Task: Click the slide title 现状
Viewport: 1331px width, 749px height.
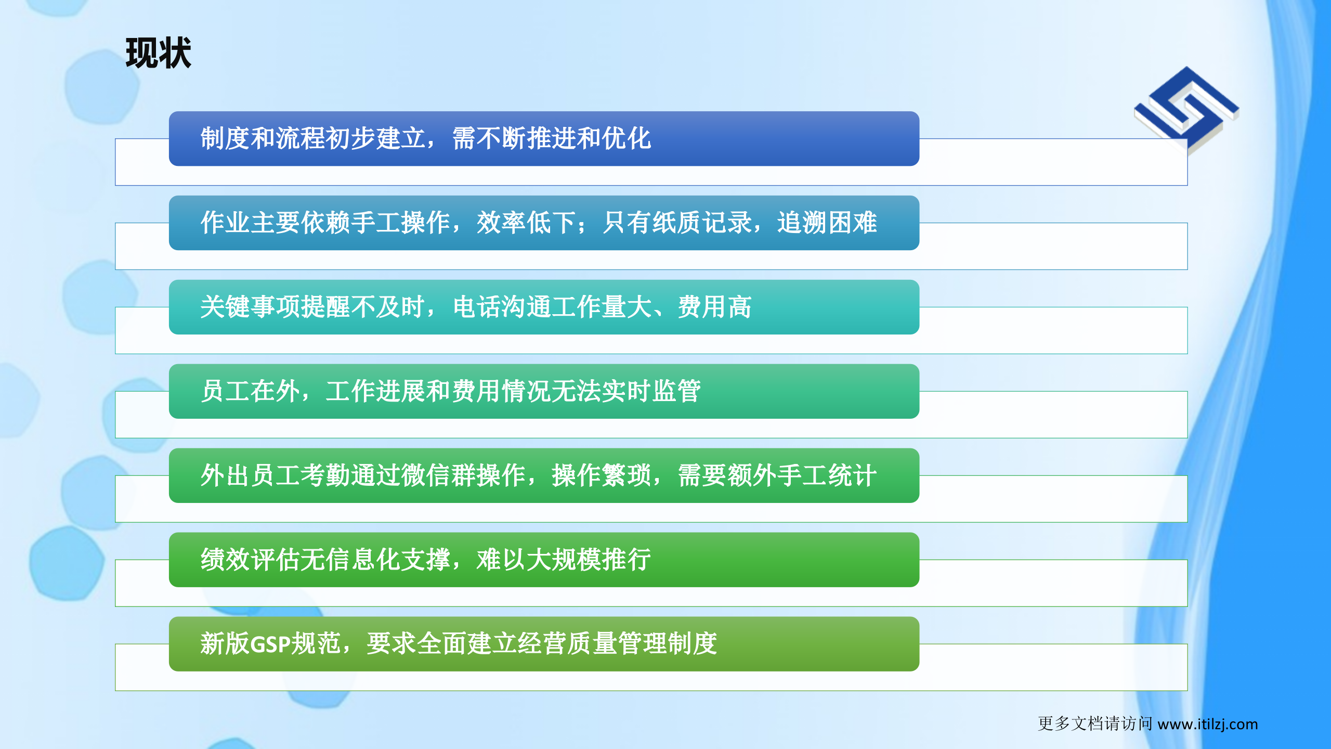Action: (x=158, y=53)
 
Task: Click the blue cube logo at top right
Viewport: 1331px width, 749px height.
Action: (x=1187, y=110)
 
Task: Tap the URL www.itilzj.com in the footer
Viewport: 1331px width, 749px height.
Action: (x=1207, y=724)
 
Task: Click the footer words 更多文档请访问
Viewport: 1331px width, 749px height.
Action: (x=1094, y=724)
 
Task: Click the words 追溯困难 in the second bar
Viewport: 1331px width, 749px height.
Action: (x=827, y=223)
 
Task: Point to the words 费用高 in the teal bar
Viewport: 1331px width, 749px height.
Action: (x=715, y=307)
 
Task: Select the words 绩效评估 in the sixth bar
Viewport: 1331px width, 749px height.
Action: (x=251, y=560)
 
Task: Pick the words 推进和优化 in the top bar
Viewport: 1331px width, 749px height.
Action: (x=589, y=139)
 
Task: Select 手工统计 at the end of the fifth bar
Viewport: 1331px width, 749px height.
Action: (x=827, y=476)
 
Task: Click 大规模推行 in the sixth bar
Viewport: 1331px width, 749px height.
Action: (x=589, y=560)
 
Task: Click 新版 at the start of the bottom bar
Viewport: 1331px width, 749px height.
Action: (x=225, y=644)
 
